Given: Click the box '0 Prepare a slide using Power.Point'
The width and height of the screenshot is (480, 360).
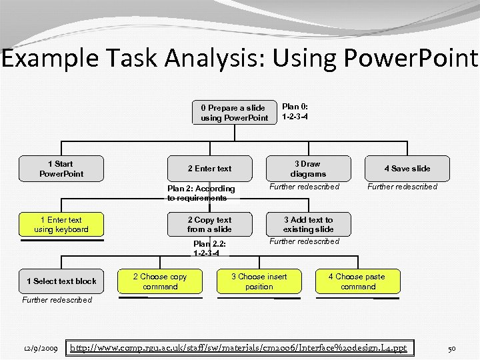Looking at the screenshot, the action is coord(234,113).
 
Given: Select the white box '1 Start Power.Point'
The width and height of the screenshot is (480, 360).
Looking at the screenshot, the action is coord(61,169).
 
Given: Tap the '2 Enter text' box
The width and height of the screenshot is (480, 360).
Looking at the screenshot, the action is coord(209,169).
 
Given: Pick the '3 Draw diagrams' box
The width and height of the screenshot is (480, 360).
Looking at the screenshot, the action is coord(308,169).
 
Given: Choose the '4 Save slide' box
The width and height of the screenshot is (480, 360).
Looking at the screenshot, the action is coord(407,169).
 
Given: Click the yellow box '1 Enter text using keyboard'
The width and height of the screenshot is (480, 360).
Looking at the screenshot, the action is coord(61,225).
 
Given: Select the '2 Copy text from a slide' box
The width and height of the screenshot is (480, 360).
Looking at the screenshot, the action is coord(209,225).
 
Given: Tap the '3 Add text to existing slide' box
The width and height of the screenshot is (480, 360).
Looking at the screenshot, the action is coord(308,225).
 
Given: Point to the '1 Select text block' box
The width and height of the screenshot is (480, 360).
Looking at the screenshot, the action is coord(61,281).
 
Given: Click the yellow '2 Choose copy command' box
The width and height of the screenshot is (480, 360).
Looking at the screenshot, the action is coord(160,281).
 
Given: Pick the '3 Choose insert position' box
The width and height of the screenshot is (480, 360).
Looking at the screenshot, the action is coord(259,281).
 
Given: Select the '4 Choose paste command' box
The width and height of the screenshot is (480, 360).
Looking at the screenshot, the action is coord(358,281).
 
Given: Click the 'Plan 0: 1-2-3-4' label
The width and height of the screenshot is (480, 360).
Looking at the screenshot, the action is coord(295,111).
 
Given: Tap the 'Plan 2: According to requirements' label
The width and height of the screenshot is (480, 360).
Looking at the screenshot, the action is coord(201,193).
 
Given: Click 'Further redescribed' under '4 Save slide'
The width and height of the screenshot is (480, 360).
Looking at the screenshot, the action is coord(402,187).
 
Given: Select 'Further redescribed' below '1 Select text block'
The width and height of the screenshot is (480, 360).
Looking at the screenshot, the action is coord(57,300).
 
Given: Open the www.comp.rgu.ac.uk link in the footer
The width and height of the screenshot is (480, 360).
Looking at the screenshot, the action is coord(238,348).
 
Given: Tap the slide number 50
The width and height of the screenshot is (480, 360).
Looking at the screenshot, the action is coord(452,349).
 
